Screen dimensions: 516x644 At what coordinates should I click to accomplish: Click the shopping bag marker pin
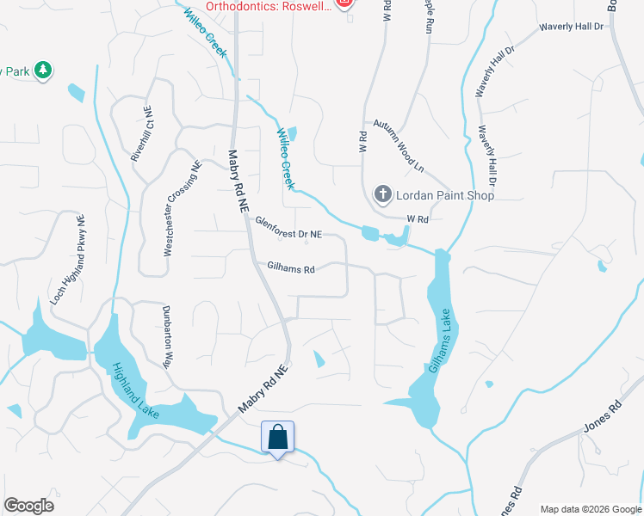coord(277,437)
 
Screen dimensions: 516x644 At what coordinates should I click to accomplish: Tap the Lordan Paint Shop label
coord(444,195)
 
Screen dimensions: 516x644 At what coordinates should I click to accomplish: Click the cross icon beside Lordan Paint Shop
coord(382,195)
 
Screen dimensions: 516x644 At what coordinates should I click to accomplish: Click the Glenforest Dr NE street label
coord(288,228)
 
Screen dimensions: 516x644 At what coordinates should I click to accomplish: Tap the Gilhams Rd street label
coord(291,268)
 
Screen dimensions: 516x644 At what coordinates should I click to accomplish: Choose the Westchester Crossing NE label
coord(183,207)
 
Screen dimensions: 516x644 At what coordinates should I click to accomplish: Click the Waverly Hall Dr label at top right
coord(572,27)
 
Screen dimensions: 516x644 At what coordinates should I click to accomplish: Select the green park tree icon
coord(42,71)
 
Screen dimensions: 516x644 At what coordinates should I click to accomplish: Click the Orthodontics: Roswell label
coord(268,4)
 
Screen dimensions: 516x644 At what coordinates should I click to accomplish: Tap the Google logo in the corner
coord(28,506)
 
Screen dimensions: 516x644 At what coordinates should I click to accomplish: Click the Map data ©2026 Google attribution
coord(591,508)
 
